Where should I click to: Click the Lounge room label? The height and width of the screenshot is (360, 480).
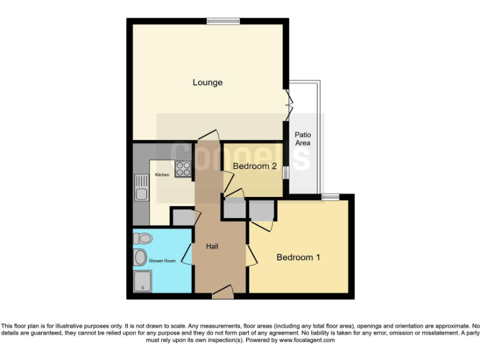207,82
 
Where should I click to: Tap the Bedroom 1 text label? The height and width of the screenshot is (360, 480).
298,257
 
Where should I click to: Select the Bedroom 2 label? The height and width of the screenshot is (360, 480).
254,166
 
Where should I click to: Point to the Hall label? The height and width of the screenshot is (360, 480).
212,247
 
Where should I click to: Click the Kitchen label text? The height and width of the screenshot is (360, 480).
162,175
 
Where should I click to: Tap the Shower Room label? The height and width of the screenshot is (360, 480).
162,261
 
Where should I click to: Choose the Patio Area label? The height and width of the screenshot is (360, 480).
302,139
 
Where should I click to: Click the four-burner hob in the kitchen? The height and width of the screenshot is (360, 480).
183,168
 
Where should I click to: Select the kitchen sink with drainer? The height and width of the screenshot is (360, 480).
141,187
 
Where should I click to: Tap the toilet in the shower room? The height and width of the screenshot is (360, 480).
142,238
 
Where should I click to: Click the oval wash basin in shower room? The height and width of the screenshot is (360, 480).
140,257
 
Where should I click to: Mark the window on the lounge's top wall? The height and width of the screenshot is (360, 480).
223,21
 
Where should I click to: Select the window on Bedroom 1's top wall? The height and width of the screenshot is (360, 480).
330,197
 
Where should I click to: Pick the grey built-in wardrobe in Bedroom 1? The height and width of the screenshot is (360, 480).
261,210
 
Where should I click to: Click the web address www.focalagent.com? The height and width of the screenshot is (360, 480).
306,341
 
